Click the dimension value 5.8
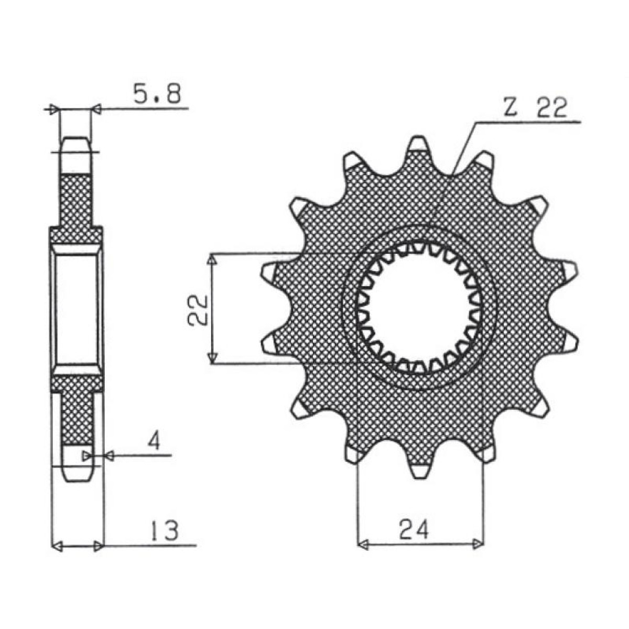[157, 95]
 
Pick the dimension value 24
[414, 530]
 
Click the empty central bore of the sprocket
[419, 309]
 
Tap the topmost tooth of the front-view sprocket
[418, 144]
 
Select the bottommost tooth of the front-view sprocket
[420, 471]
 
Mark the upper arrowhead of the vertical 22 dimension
[212, 260]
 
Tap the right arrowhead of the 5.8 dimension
[96, 109]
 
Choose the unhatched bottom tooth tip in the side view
[77, 464]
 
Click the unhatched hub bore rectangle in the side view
[77, 309]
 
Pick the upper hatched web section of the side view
[77, 199]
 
